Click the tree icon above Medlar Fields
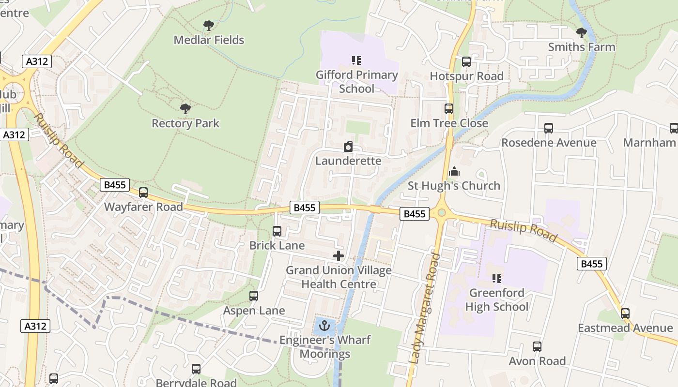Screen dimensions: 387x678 coord(209,26)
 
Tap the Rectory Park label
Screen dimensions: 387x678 coord(185,123)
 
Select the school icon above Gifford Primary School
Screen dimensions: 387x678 coord(356,60)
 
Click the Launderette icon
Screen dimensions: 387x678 coord(348,147)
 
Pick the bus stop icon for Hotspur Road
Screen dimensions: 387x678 coord(466,62)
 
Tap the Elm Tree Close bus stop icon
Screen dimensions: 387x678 coord(449,109)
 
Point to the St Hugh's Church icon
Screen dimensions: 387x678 coord(454,171)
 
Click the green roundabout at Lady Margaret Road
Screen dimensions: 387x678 coord(441,212)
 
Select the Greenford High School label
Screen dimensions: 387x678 coord(497,300)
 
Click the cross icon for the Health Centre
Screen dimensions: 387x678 coord(339,256)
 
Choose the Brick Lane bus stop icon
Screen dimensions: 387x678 coord(277,231)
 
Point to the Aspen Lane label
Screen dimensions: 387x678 coord(254,311)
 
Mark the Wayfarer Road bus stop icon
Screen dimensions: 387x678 coord(143,193)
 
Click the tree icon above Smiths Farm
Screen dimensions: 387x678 coord(582,33)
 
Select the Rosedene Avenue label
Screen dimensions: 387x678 coord(549,143)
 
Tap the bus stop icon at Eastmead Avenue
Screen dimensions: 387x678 coord(625,313)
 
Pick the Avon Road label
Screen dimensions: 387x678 coord(537,361)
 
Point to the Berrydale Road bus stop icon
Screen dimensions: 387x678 coord(196,369)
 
